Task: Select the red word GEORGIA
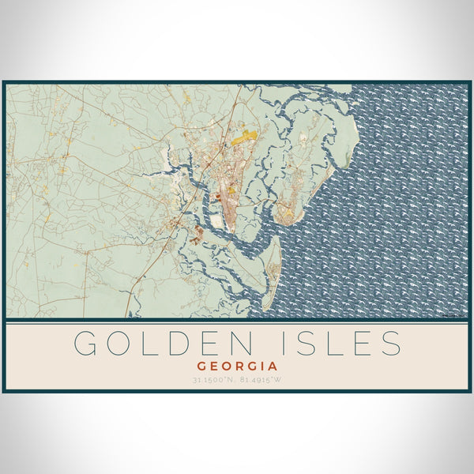click(237, 367)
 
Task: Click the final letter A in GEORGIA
click(273, 367)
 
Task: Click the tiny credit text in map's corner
click(454, 315)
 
